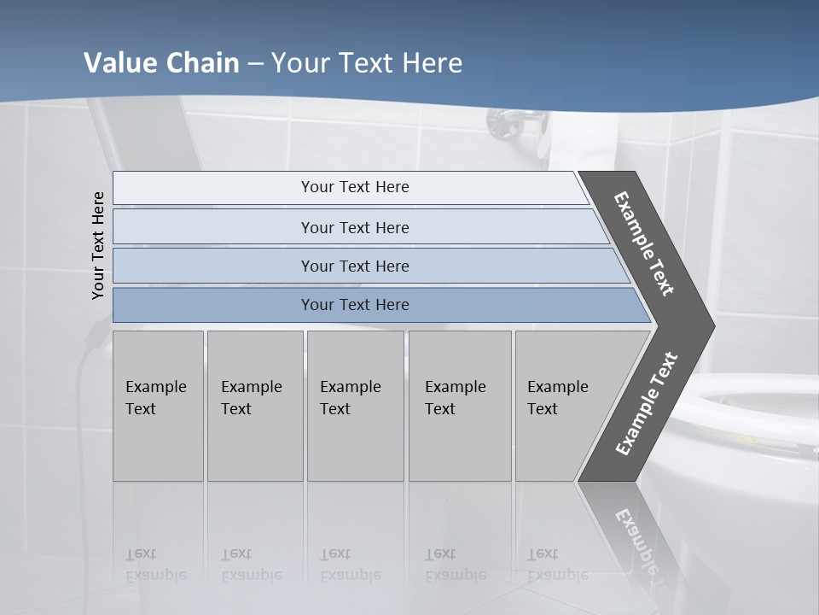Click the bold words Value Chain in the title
[x=161, y=63]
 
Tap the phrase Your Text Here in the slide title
[x=367, y=63]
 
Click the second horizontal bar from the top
[x=354, y=227]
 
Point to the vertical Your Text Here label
[x=98, y=245]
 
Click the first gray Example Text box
[x=158, y=406]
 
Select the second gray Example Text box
[x=254, y=406]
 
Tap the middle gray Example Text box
[x=355, y=406]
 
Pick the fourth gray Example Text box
[x=459, y=406]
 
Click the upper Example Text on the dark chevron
[x=644, y=243]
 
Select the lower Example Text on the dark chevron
[x=646, y=404]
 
